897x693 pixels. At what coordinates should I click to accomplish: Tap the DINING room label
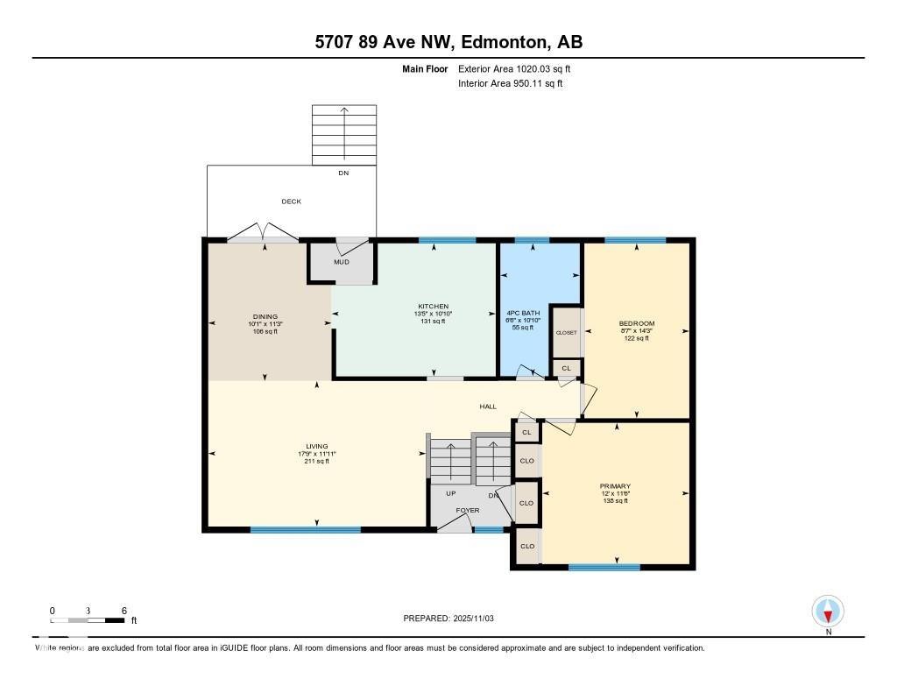tap(265, 316)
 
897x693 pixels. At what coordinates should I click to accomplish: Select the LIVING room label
tap(316, 446)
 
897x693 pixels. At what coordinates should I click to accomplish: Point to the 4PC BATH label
tap(524, 313)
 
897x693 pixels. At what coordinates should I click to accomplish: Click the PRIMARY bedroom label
tap(615, 486)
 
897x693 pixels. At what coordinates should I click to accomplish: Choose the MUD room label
tap(341, 262)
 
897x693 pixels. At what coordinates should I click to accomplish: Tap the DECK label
tap(291, 202)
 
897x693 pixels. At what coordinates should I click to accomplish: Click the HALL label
tap(488, 407)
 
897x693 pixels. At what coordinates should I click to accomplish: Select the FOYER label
tap(467, 509)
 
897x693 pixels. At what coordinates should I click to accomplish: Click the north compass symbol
tap(828, 611)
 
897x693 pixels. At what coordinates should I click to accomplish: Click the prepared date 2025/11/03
tap(480, 619)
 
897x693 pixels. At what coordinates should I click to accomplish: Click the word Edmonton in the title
tap(501, 42)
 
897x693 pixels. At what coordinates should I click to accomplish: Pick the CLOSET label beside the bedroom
tap(566, 333)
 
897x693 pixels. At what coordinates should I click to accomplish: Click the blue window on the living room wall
tap(305, 529)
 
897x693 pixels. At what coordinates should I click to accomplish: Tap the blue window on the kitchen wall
tap(447, 240)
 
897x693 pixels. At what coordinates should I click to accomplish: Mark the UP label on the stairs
tap(451, 493)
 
